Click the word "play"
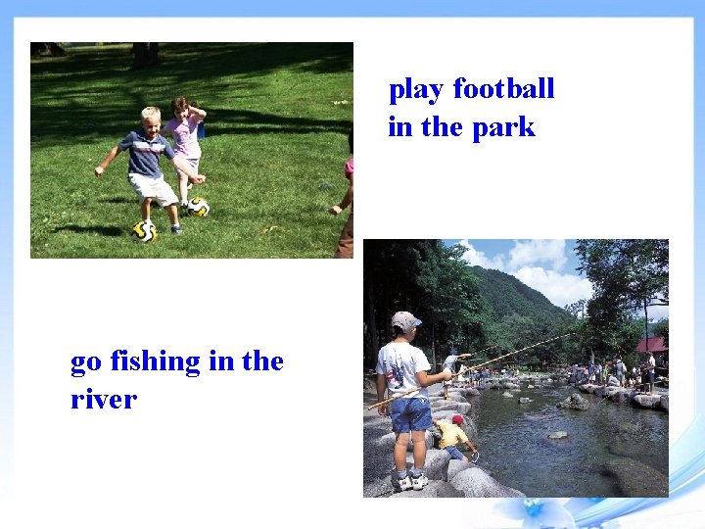tap(416, 90)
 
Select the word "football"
tap(503, 89)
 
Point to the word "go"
tap(86, 362)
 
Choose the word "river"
tap(103, 400)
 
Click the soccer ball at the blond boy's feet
tap(144, 231)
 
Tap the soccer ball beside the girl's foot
tap(199, 207)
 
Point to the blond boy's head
tap(150, 120)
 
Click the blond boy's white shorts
tap(155, 187)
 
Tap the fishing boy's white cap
tap(405, 320)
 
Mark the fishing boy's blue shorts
tap(410, 413)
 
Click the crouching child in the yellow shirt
tap(452, 434)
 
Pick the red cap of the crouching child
tap(458, 419)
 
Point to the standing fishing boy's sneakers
tap(409, 482)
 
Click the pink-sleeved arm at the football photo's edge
tap(345, 186)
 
